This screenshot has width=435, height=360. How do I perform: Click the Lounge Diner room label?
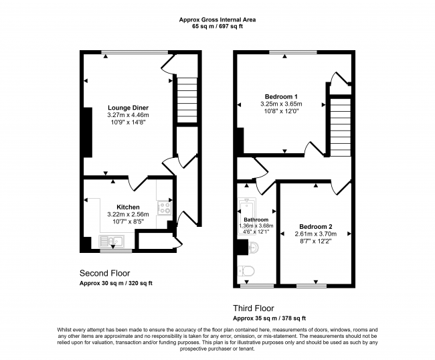128,108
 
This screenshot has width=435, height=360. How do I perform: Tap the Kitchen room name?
128,207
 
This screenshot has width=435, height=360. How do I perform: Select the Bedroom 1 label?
281,97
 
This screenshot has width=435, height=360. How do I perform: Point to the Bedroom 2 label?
316,227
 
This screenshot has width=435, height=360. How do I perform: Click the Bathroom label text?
256,219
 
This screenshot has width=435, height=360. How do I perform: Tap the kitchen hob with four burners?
164,207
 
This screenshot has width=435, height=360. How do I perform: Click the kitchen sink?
112,241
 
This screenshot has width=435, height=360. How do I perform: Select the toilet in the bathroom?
246,271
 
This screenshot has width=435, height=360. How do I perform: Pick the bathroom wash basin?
253,247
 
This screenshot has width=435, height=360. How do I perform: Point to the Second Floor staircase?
187,100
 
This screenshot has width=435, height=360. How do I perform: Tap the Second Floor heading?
105,274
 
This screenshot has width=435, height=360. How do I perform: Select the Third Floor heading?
253,308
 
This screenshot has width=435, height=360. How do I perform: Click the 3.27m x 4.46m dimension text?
128,115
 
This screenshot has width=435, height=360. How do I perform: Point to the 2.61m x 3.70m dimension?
316,234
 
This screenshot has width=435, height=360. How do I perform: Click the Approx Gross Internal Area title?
217,19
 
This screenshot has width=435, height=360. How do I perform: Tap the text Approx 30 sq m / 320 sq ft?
116,284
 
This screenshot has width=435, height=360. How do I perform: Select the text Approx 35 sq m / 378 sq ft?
270,319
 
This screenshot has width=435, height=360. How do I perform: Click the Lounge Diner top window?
135,52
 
